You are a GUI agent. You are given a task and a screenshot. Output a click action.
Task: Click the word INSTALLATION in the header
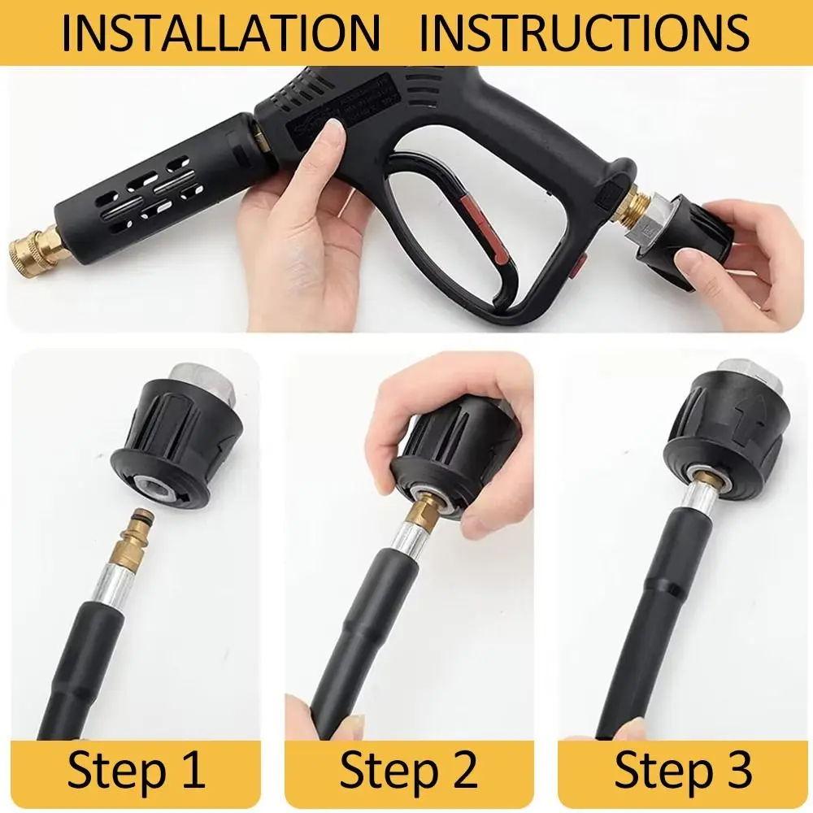(x=220, y=33)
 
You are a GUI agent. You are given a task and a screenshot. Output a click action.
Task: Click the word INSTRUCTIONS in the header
(x=585, y=33)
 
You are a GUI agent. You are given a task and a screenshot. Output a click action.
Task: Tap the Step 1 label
(x=136, y=770)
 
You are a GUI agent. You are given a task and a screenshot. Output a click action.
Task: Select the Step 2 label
(x=408, y=770)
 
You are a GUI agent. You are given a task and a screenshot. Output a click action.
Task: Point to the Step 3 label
(x=683, y=770)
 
